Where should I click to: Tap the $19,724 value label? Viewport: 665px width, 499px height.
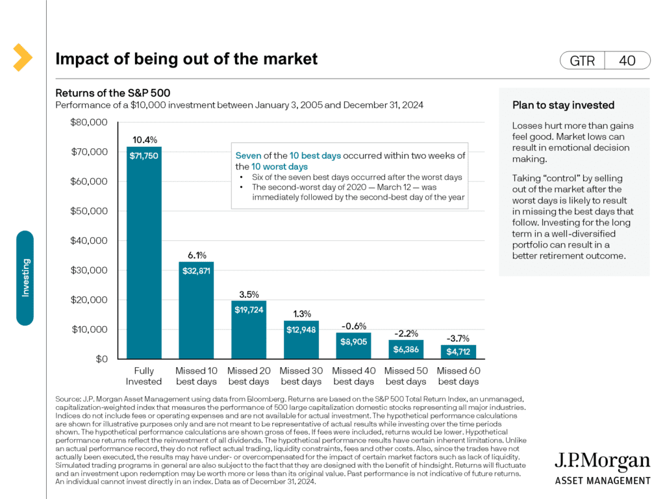(x=249, y=310)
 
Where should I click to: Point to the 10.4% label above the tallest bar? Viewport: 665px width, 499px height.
(x=144, y=140)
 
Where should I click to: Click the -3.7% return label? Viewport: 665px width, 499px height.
(x=458, y=338)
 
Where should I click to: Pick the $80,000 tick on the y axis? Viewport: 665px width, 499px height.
(x=89, y=122)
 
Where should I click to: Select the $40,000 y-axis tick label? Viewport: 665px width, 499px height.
(x=89, y=240)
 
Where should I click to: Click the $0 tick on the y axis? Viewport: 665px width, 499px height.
(x=101, y=359)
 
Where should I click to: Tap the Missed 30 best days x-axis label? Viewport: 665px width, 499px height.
(x=301, y=376)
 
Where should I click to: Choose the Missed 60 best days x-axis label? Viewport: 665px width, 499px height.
(x=458, y=376)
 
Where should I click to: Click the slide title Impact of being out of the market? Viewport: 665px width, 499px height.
(x=186, y=59)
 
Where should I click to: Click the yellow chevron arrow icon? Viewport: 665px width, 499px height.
(x=22, y=57)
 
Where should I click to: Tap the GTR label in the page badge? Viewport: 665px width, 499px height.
(x=582, y=60)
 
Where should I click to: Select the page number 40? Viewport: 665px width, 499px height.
(x=627, y=60)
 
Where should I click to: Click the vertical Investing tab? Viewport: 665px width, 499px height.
(x=25, y=278)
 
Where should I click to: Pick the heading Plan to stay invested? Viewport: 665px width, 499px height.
(x=563, y=105)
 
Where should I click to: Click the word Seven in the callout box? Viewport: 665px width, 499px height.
(x=249, y=156)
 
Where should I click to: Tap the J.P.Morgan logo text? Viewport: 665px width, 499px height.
(x=601, y=462)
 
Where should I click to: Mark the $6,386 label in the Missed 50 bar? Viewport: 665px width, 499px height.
(x=405, y=349)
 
